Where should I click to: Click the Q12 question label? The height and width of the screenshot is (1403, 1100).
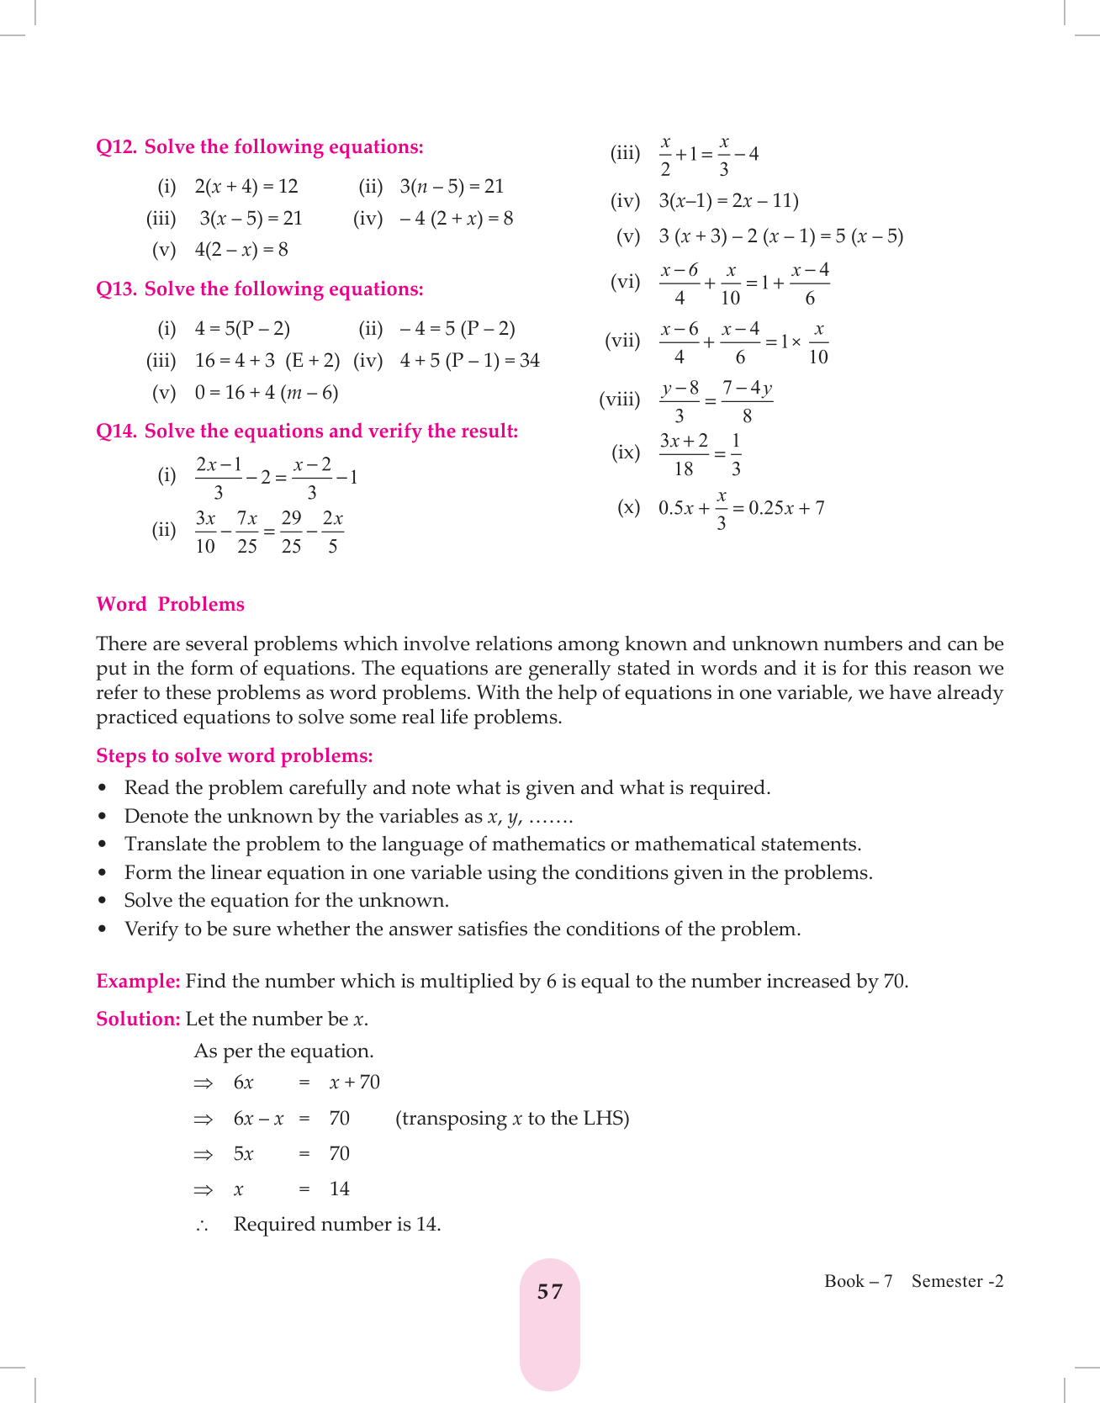click(116, 147)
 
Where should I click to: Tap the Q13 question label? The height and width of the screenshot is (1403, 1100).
click(116, 289)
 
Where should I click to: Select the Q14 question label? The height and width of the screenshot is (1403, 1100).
click(116, 431)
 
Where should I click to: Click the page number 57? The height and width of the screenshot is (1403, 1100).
click(550, 1292)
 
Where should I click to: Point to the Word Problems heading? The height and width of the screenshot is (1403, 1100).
click(170, 605)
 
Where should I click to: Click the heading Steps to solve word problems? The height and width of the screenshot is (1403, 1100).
click(234, 756)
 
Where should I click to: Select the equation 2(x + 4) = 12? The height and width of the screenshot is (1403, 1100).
click(246, 187)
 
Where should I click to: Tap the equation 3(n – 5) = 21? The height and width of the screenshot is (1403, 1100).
click(452, 187)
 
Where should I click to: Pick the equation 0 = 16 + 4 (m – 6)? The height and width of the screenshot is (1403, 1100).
click(267, 393)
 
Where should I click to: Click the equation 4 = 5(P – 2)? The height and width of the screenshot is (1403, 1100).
click(242, 329)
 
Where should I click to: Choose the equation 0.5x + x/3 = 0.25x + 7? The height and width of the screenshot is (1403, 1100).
click(741, 509)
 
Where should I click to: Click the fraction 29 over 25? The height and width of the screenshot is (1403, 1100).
click(291, 532)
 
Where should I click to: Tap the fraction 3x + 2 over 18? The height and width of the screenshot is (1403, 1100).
click(684, 454)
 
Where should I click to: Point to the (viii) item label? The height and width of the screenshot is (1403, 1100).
click(619, 400)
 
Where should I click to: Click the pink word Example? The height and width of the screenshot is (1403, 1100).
click(138, 982)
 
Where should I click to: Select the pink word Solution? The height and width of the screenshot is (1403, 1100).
click(138, 1019)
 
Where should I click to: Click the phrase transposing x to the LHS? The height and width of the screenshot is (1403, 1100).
click(512, 1119)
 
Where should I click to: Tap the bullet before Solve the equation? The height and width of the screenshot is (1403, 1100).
click(103, 901)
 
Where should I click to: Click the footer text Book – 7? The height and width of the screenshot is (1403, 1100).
click(858, 1281)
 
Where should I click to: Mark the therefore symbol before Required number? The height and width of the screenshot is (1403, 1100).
click(202, 1226)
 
